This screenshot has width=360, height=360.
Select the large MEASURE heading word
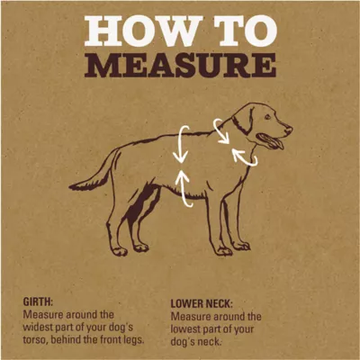[180, 66]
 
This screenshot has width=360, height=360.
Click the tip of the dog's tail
[71, 187]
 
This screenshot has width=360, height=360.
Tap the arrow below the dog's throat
[243, 157]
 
